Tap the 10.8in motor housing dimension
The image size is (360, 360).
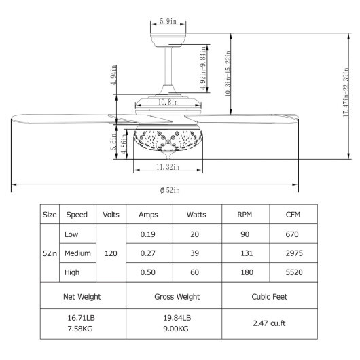tap(166, 103)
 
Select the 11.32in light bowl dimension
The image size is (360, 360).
tap(166, 166)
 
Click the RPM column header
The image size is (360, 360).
tap(245, 215)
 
